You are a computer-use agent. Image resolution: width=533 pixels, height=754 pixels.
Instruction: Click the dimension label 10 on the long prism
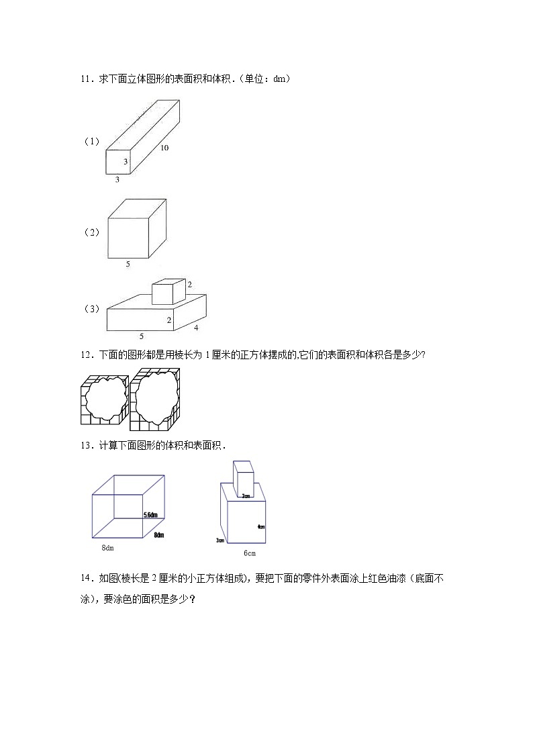click(x=164, y=148)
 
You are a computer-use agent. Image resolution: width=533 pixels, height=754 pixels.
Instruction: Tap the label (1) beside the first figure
click(x=91, y=142)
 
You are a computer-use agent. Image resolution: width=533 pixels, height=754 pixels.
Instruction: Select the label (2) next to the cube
click(x=91, y=232)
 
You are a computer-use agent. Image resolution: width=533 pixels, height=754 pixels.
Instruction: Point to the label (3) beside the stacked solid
click(x=91, y=309)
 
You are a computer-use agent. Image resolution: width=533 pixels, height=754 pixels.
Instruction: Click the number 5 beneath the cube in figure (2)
click(x=128, y=265)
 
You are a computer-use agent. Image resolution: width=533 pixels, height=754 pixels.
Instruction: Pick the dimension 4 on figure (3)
click(x=196, y=328)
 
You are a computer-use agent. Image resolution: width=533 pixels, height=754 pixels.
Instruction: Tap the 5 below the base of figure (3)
click(x=141, y=336)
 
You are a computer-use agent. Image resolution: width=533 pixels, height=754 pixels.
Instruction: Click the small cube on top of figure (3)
click(x=168, y=292)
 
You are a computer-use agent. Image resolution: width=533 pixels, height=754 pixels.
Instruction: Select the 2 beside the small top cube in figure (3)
click(x=189, y=285)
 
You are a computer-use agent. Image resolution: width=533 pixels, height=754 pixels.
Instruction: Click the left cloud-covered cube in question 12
click(x=103, y=399)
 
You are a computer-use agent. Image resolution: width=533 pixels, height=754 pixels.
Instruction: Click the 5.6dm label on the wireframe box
click(x=150, y=515)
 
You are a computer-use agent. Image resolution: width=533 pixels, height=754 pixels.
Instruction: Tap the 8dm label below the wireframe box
click(x=107, y=549)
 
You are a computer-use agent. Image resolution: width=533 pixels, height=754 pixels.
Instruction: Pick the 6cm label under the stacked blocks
click(x=249, y=553)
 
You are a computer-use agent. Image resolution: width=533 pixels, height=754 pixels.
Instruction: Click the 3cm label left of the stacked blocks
click(x=220, y=540)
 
